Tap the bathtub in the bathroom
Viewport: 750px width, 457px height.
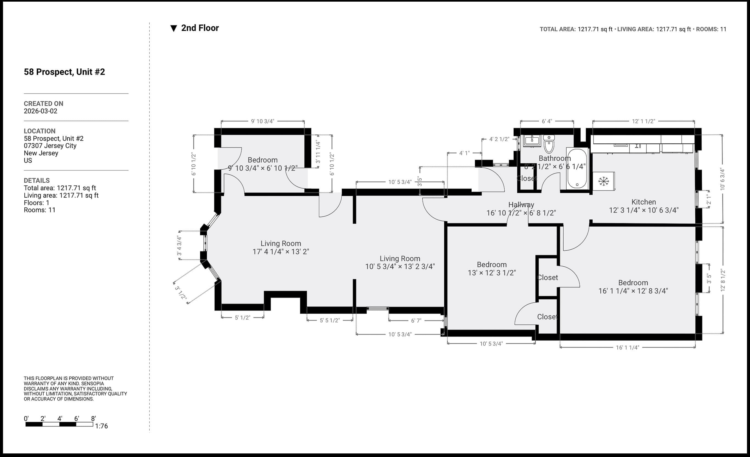tap(577, 168)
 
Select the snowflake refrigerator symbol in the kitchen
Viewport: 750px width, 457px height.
tap(603, 181)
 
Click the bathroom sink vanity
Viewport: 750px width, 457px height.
tap(532, 141)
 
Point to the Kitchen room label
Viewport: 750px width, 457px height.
tap(643, 202)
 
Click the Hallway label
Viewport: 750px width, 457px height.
tap(521, 205)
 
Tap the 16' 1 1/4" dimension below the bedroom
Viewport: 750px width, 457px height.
tap(627, 347)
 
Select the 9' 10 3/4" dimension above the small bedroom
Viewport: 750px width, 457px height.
tap(262, 121)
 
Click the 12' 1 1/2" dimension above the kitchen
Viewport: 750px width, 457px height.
tap(643, 121)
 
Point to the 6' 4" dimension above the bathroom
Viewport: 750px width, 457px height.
tap(547, 121)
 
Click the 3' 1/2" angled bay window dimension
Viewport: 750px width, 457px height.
tap(180, 292)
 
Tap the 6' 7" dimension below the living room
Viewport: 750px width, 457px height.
tap(416, 321)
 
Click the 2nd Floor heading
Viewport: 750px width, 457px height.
tap(200, 28)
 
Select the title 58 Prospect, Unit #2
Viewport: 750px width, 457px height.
tap(64, 72)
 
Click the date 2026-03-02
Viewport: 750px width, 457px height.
tap(40, 111)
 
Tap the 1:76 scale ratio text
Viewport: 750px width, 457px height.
tap(101, 426)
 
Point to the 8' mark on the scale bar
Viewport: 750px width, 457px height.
tap(93, 419)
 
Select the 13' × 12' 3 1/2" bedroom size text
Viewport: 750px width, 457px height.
tap(492, 273)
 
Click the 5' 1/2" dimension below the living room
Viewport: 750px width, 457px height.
tap(242, 317)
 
